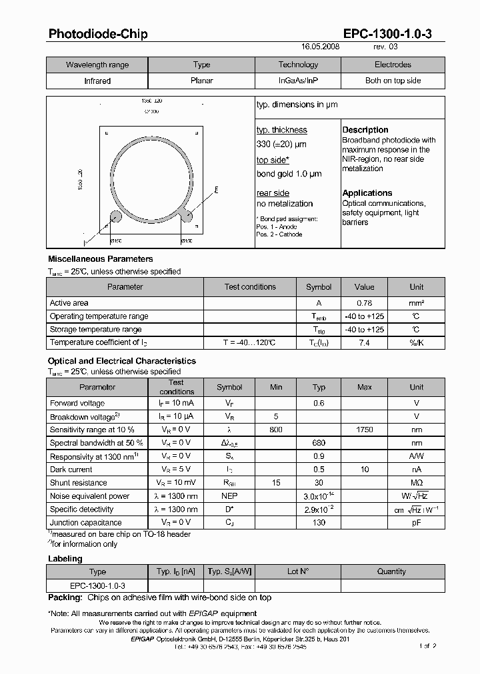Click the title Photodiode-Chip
(97, 34)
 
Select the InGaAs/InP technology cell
(298, 81)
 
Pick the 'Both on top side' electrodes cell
(393, 81)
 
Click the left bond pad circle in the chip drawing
(115, 216)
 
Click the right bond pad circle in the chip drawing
(188, 216)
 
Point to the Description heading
(365, 130)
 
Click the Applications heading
(367, 193)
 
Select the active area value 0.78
(364, 303)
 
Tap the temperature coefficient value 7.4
(364, 342)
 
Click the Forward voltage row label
(77, 403)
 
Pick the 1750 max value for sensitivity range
(364, 430)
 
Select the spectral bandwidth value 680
(319, 443)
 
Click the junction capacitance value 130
(319, 523)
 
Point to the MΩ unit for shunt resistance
(416, 483)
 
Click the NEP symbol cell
(229, 496)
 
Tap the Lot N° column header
(297, 571)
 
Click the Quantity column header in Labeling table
(391, 571)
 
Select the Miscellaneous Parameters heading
(100, 258)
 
